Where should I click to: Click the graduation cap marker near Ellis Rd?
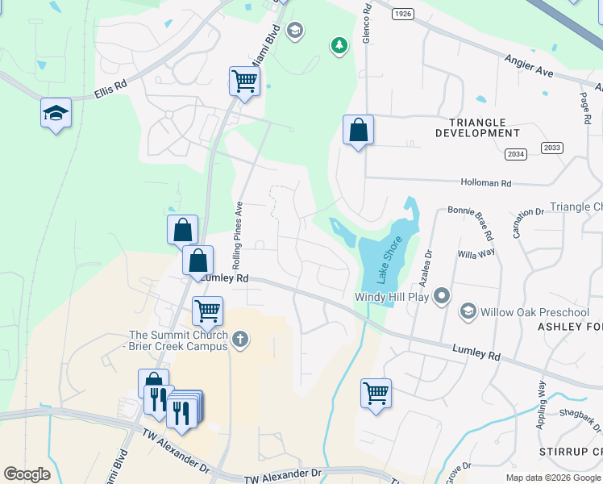click(x=56, y=114)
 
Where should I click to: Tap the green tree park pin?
click(x=339, y=45)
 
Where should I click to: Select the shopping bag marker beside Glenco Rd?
click(x=358, y=131)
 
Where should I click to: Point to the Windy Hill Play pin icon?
click(x=441, y=297)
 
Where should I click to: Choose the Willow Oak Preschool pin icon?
click(x=468, y=311)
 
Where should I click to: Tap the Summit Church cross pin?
click(x=239, y=340)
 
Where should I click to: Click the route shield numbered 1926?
click(x=402, y=15)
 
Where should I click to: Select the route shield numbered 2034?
click(x=515, y=153)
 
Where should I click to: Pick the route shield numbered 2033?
click(x=552, y=147)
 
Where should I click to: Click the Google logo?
click(x=27, y=474)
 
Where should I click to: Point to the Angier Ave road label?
click(x=530, y=66)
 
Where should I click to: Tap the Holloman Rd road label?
click(x=485, y=183)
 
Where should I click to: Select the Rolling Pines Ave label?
click(x=238, y=235)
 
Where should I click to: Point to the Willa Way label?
click(x=476, y=253)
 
